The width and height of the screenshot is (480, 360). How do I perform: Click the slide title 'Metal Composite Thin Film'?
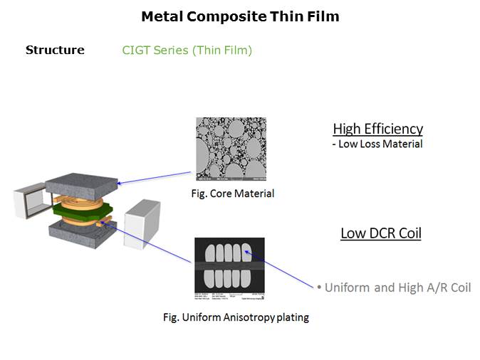pos(240,16)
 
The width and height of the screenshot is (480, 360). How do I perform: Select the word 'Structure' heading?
pos(55,50)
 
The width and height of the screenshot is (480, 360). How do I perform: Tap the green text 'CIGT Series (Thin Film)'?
pos(187,50)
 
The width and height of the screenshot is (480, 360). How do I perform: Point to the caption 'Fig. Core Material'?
pos(233,194)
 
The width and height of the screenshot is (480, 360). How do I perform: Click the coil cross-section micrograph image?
pos(229,266)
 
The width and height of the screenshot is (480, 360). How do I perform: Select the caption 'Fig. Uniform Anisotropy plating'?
pos(236,317)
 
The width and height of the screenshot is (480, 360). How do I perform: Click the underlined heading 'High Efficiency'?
pos(377,129)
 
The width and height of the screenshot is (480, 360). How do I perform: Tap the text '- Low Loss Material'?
pos(377,144)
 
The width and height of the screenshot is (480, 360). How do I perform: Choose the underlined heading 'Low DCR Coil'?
pos(380,233)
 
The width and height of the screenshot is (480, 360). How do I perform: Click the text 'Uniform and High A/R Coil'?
pos(397,287)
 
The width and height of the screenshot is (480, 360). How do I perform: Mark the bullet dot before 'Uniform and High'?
pos(319,287)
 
